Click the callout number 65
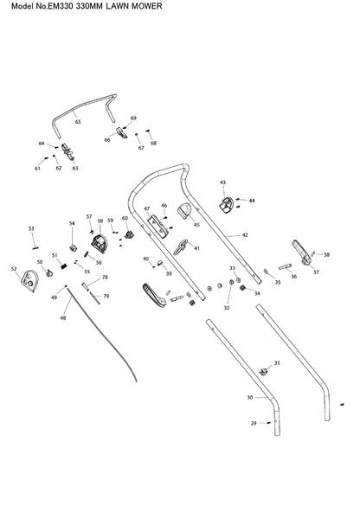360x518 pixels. pyautogui.click(x=78, y=122)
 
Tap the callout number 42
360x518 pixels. pyautogui.click(x=245, y=235)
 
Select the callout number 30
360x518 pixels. pyautogui.click(x=250, y=398)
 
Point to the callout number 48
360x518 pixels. pyautogui.click(x=63, y=317)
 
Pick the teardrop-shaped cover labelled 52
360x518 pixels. pyautogui.click(x=29, y=281)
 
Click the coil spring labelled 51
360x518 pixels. pyautogui.click(x=63, y=265)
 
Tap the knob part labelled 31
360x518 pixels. pyautogui.click(x=263, y=371)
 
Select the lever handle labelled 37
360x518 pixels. pyautogui.click(x=301, y=253)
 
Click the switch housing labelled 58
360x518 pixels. pyautogui.click(x=100, y=244)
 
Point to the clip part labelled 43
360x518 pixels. pyautogui.click(x=227, y=205)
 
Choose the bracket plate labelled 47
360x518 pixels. pyautogui.click(x=158, y=227)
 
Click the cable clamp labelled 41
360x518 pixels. pyautogui.click(x=181, y=247)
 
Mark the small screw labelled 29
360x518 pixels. pyautogui.click(x=269, y=423)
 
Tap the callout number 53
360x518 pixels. pyautogui.click(x=31, y=228)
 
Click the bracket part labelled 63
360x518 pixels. pyautogui.click(x=67, y=151)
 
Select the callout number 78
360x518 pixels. pyautogui.click(x=105, y=278)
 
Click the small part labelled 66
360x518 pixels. pyautogui.click(x=122, y=133)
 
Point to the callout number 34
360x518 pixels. pyautogui.click(x=257, y=293)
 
